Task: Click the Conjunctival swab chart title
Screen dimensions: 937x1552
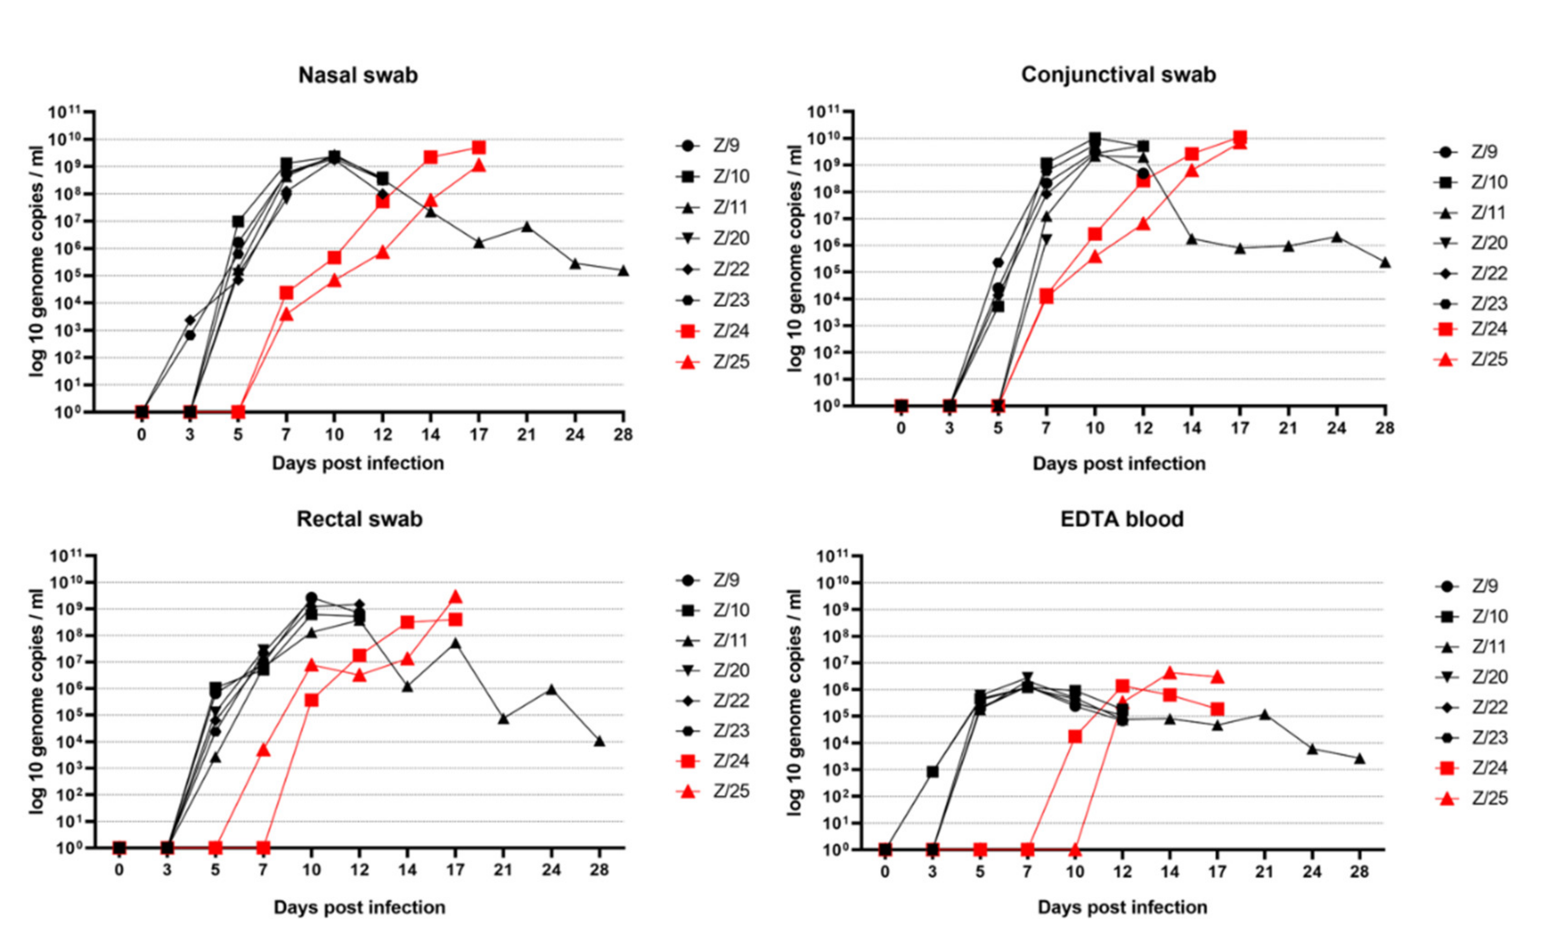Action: coord(1118,75)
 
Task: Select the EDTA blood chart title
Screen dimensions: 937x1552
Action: coord(1122,519)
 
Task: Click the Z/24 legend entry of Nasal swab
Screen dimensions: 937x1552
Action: coord(715,331)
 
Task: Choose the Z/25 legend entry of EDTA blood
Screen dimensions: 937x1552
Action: coord(1474,799)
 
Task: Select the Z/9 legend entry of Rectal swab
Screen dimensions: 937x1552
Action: coord(712,580)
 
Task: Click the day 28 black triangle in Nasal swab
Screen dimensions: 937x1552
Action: coord(623,271)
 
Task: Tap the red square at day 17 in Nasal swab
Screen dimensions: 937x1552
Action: coord(479,148)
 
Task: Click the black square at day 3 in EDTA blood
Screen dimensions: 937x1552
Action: coord(932,772)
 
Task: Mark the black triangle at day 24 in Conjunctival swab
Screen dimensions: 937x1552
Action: coord(1336,237)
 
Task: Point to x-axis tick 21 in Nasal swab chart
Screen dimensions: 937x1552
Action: coord(526,435)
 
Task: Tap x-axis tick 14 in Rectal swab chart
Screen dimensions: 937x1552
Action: coord(407,870)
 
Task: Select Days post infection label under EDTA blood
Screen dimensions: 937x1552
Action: coord(1122,907)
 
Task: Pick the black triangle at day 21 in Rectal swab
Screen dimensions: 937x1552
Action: coord(503,718)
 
